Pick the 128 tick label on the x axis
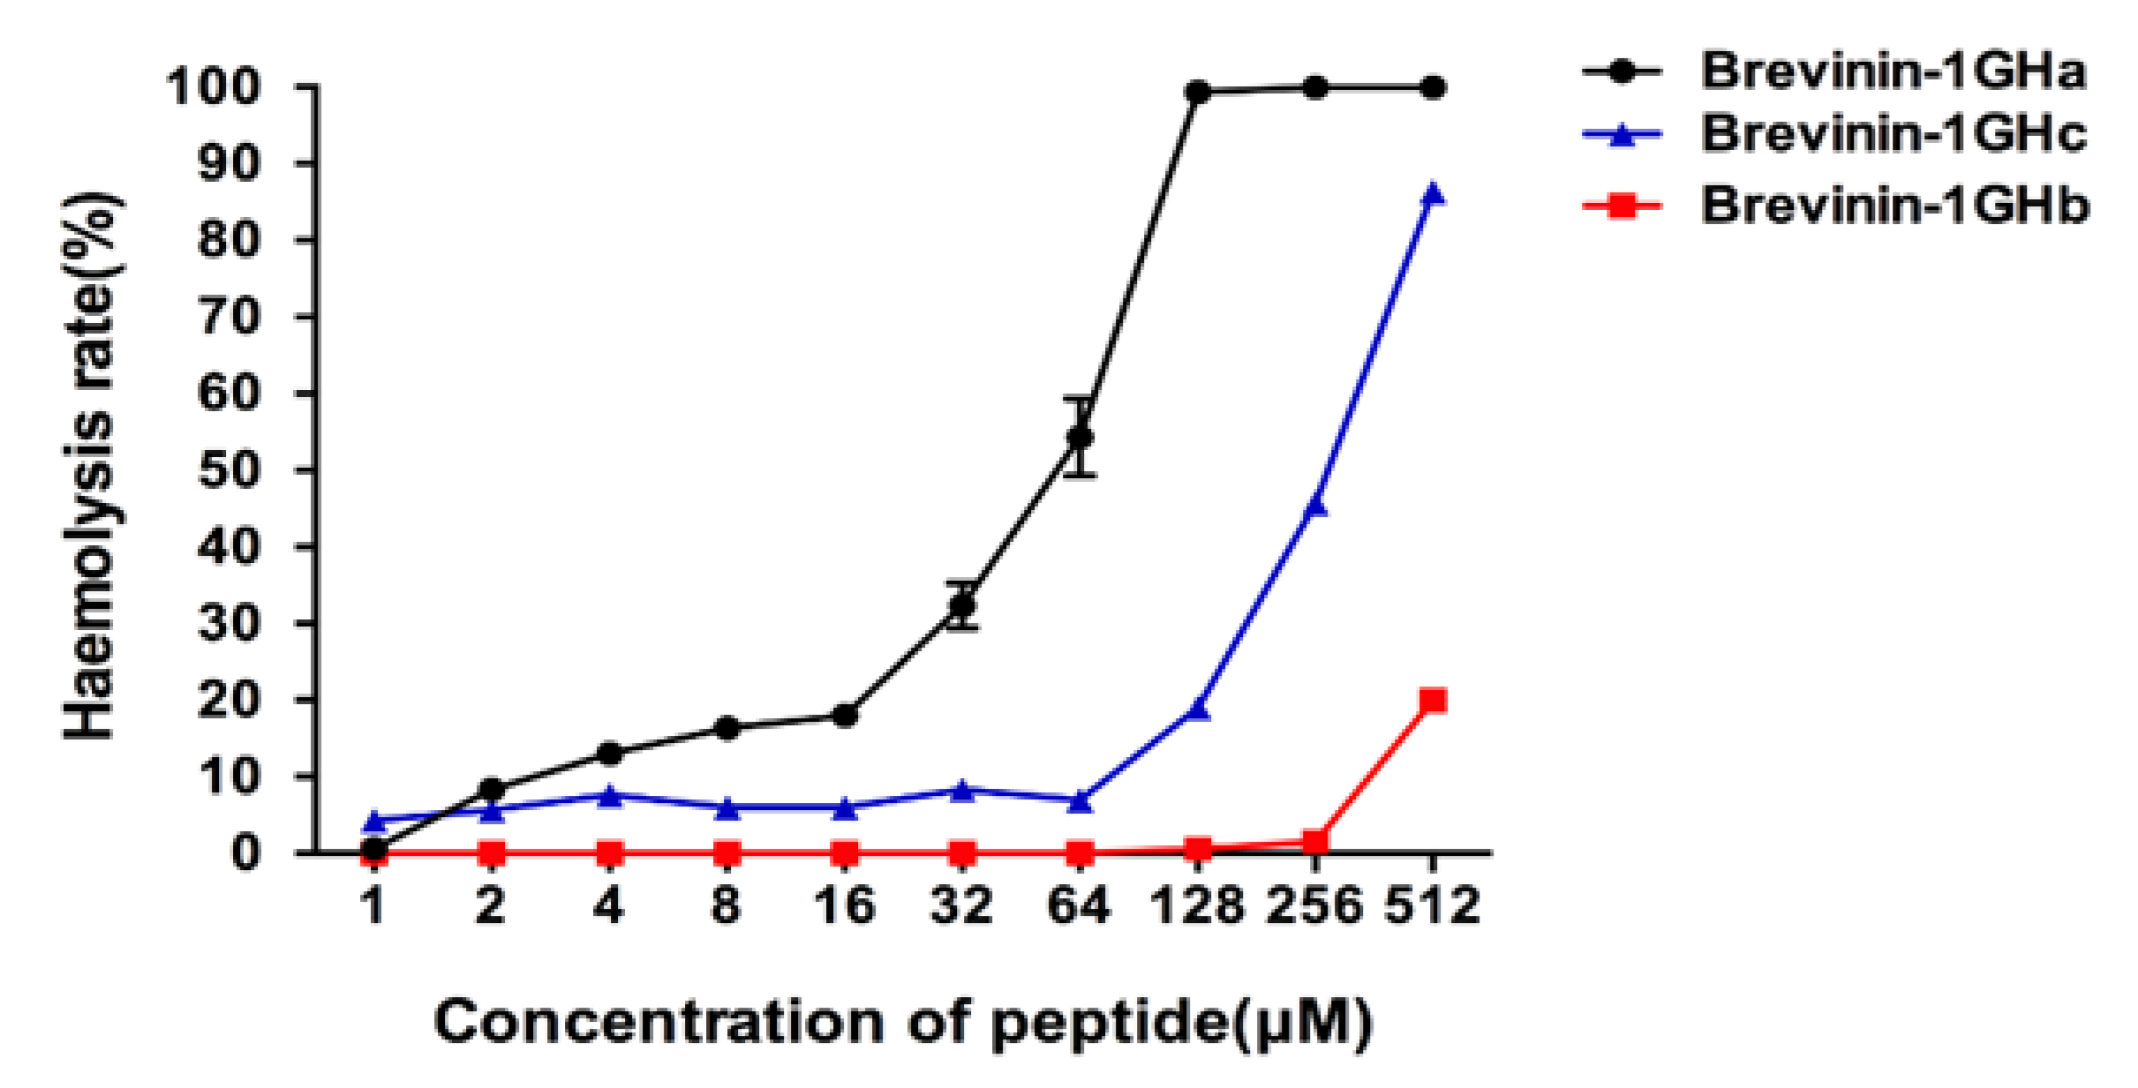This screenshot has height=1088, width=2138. pyautogui.click(x=1198, y=906)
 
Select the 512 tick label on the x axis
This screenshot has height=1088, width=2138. pyautogui.click(x=1432, y=906)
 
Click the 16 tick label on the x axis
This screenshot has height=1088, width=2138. pyautogui.click(x=845, y=906)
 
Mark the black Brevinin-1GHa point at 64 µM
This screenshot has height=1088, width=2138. pyautogui.click(x=1080, y=438)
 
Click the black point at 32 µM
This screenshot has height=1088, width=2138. pyautogui.click(x=962, y=606)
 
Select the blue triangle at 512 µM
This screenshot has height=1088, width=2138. pyautogui.click(x=1433, y=192)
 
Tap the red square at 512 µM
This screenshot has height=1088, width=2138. pyautogui.click(x=1433, y=702)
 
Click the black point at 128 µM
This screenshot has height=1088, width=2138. pyautogui.click(x=1198, y=92)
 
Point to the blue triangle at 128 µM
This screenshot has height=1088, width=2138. pyautogui.click(x=1198, y=709)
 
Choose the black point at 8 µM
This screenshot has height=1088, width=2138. pyautogui.click(x=726, y=728)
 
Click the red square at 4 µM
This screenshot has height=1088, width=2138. pyautogui.click(x=609, y=853)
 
